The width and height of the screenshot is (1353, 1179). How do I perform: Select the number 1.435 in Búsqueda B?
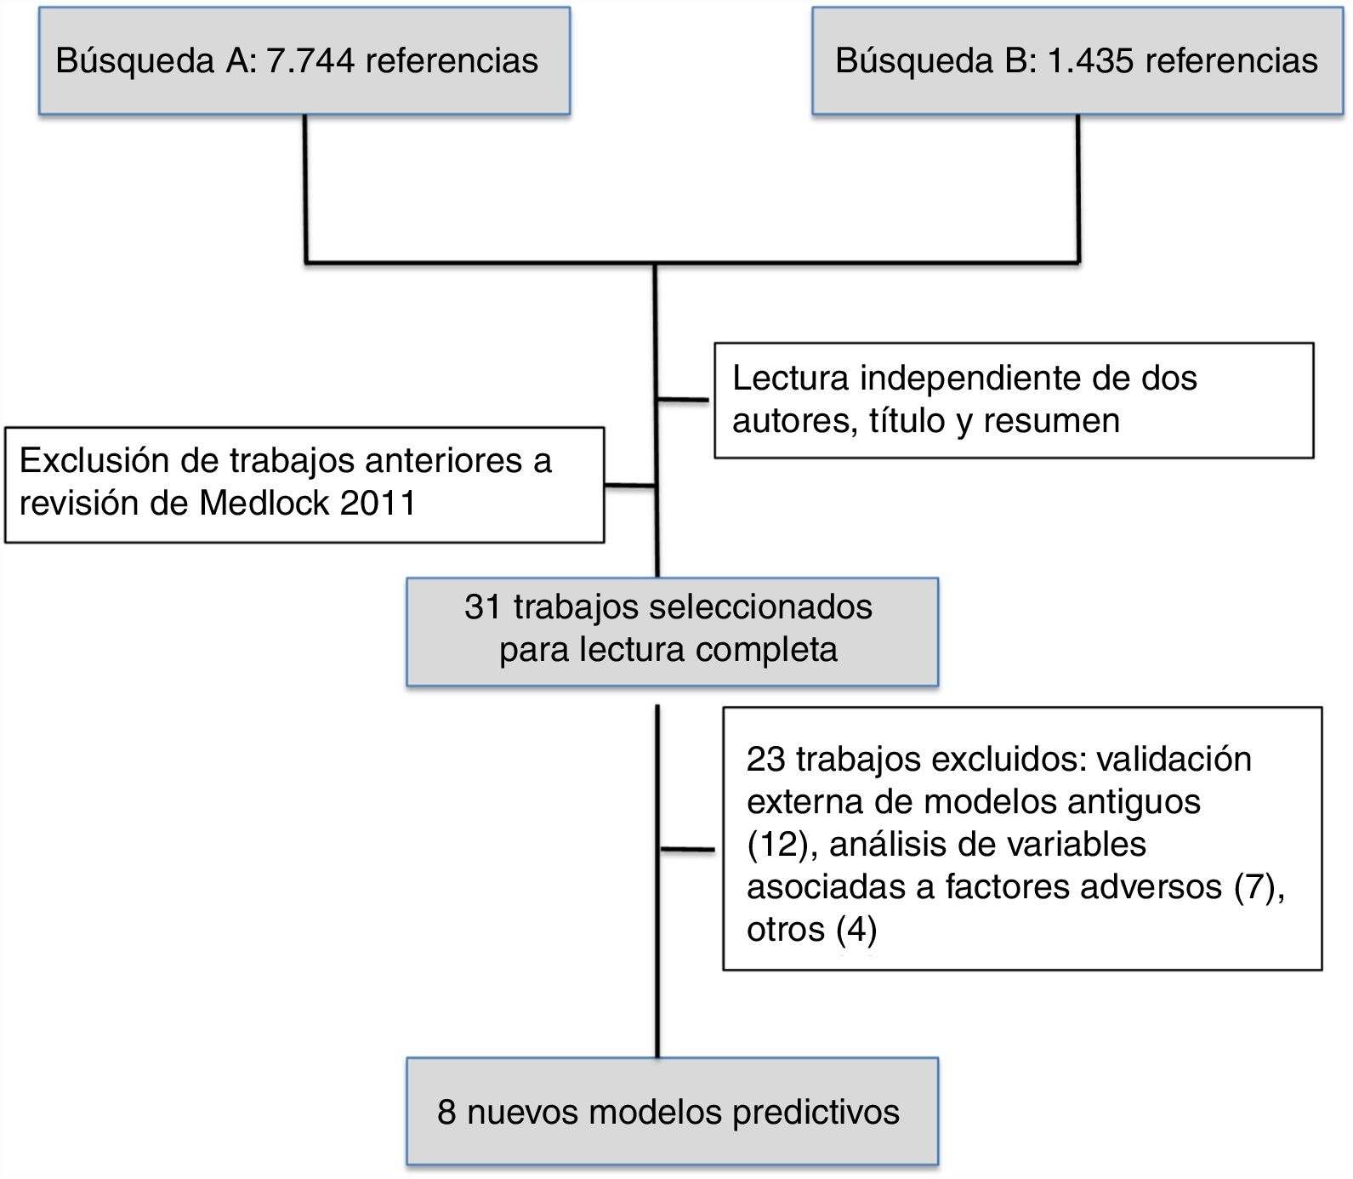(x=1092, y=61)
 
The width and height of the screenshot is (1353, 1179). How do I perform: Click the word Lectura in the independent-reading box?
(x=791, y=379)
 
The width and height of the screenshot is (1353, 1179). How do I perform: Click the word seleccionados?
(x=760, y=607)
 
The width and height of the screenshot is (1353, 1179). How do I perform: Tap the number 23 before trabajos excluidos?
(x=765, y=759)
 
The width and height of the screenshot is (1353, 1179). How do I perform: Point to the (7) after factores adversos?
(x=1254, y=886)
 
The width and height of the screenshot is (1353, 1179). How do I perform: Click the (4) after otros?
(x=856, y=929)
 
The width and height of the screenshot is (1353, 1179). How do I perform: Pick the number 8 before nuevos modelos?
(x=446, y=1112)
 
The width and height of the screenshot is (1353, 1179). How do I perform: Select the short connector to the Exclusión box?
(x=630, y=486)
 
